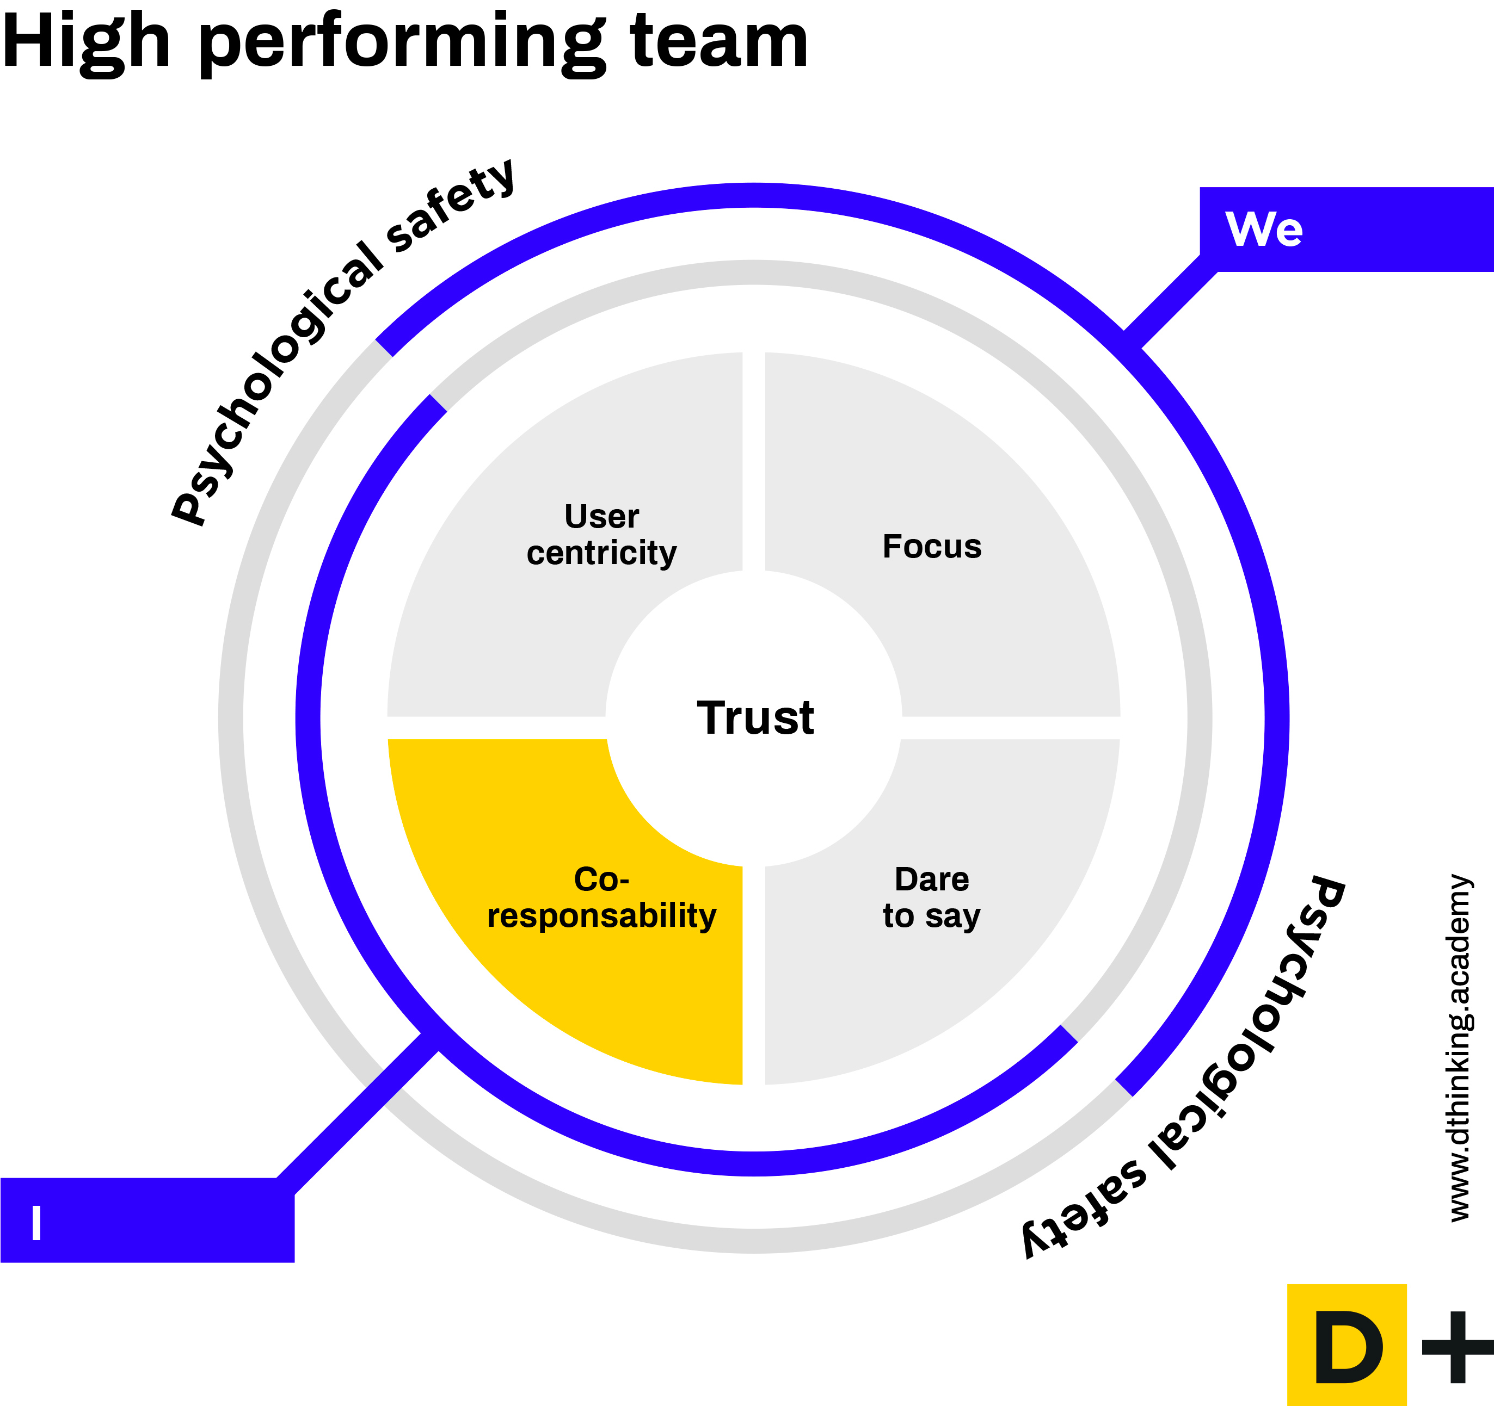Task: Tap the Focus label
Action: coord(932,547)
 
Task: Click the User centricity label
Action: coord(601,535)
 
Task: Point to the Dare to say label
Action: coord(932,897)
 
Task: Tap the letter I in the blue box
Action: coord(36,1223)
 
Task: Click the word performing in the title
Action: coord(402,44)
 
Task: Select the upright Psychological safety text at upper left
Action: coord(342,342)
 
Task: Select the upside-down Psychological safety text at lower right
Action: coord(1184,1067)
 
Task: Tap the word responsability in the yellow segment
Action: coord(601,915)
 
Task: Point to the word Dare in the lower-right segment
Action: coord(932,879)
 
